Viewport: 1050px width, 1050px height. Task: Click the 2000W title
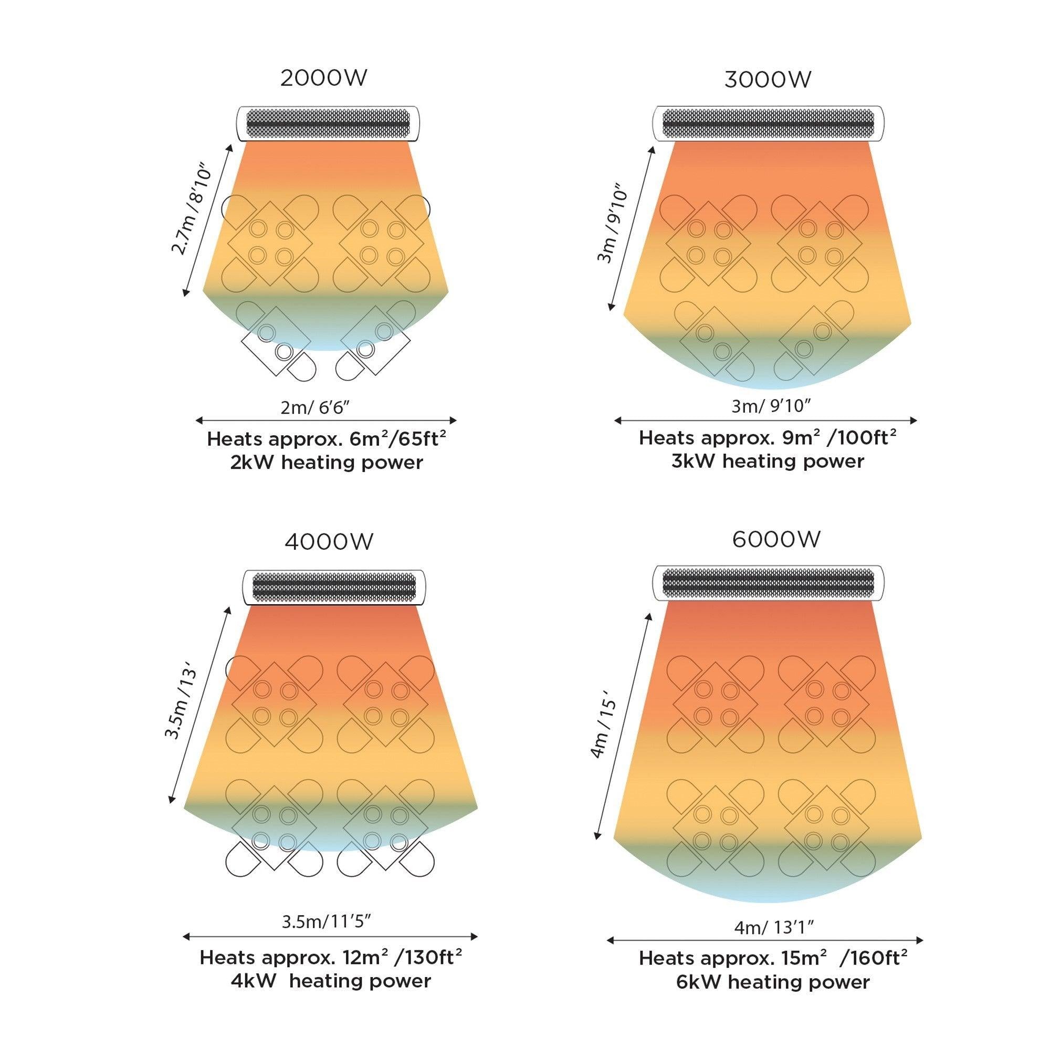click(323, 78)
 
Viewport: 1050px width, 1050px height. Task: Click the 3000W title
click(768, 80)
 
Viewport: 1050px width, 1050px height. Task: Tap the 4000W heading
click(329, 542)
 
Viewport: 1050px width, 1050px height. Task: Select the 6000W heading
click(776, 539)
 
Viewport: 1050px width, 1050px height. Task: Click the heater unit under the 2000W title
click(328, 124)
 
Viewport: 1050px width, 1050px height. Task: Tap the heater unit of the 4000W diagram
click(334, 587)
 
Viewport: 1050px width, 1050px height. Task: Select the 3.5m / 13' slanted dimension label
click(181, 705)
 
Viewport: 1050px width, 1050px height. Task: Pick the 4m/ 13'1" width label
click(774, 927)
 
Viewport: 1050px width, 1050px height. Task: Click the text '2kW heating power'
click(327, 463)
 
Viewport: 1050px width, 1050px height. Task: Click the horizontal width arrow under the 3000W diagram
click(765, 421)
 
